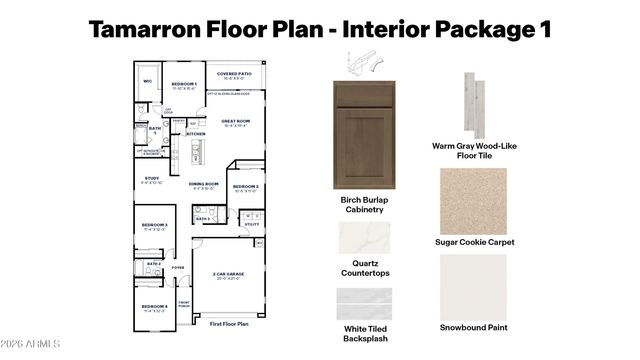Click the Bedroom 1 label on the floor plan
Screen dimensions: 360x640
coord(183,85)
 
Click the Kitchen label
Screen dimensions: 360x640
coord(196,133)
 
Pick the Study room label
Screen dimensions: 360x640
coord(152,180)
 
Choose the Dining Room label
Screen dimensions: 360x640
coord(203,184)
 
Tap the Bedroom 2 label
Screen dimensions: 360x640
coord(245,187)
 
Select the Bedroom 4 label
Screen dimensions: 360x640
coord(154,306)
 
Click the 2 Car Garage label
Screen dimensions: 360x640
coord(229,275)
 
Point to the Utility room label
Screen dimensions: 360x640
coord(251,225)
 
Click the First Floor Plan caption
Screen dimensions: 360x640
coord(229,325)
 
